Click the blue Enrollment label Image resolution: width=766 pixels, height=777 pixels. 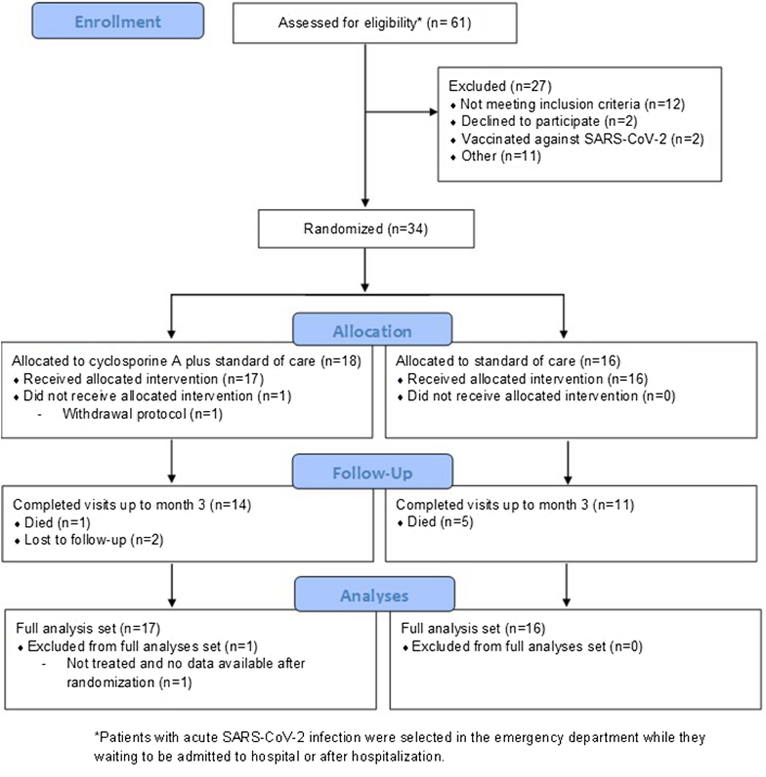[118, 22]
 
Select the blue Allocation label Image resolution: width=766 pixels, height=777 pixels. [372, 331]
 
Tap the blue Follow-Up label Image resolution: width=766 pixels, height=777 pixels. [372, 473]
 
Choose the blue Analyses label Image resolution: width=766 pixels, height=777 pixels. [374, 596]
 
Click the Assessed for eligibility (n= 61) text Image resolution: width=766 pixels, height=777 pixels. [374, 23]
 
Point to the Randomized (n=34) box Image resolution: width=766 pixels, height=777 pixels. [365, 229]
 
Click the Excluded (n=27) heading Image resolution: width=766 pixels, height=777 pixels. [500, 86]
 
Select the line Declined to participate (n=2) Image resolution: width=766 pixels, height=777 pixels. [549, 121]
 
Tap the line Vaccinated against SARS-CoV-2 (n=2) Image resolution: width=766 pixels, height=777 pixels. [582, 139]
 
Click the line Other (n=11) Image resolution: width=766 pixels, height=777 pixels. [500, 156]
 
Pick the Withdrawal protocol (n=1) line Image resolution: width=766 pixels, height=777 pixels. [142, 414]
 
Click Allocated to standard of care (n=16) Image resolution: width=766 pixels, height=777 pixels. [508, 361]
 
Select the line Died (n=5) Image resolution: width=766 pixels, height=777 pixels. [440, 522]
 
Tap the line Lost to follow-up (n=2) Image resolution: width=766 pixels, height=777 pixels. [93, 540]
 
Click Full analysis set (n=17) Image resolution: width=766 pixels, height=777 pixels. [88, 628]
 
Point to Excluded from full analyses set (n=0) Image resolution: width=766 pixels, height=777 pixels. [526, 646]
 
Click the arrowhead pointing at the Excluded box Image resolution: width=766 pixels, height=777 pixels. [434, 112]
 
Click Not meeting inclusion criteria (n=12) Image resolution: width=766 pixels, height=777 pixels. [572, 104]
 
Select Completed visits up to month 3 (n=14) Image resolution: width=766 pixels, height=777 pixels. [132, 504]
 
